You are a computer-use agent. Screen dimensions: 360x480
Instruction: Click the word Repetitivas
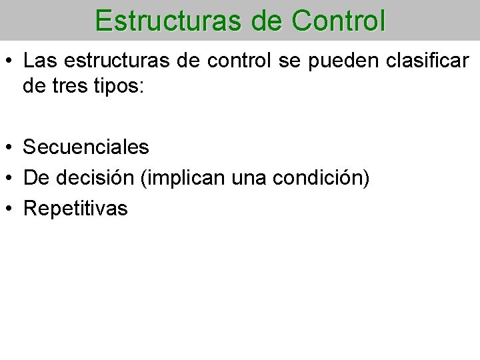[x=75, y=209]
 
